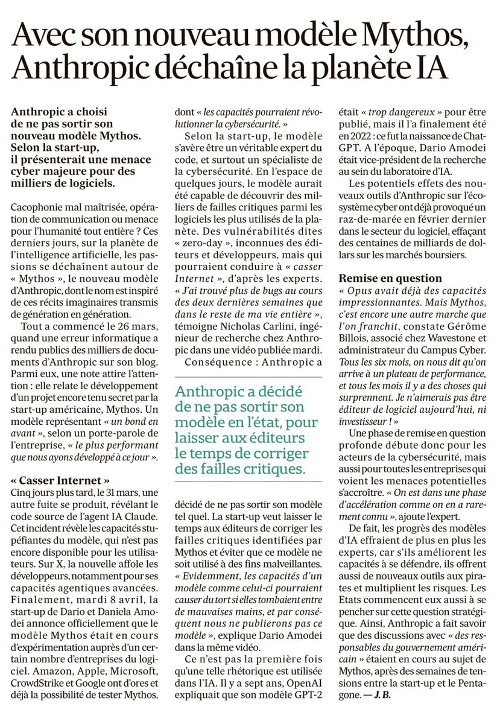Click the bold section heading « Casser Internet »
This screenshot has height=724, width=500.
pyautogui.click(x=60, y=481)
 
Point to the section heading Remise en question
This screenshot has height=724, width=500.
pyautogui.click(x=390, y=278)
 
